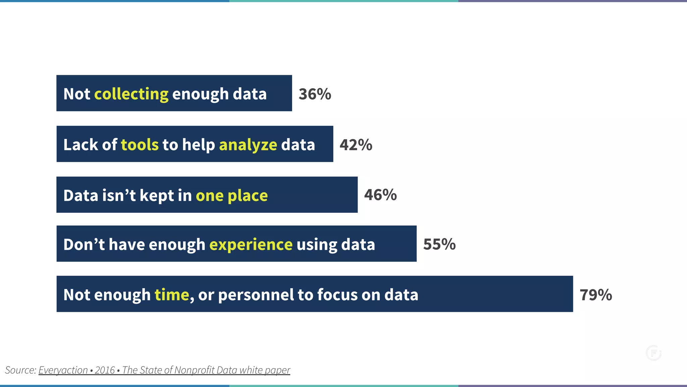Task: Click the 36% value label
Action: [315, 94]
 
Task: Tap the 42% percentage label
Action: [356, 145]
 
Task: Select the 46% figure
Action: [380, 195]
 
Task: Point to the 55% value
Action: [439, 244]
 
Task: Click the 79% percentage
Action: [596, 295]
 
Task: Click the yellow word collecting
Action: [131, 94]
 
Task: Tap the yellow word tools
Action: [140, 145]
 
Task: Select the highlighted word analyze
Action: [248, 145]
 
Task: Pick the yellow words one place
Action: [231, 195]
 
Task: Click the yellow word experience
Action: [251, 244]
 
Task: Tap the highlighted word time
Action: [172, 295]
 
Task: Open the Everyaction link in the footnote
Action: [63, 370]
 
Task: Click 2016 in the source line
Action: [105, 370]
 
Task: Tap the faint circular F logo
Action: [653, 353]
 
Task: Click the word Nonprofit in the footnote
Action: [195, 370]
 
